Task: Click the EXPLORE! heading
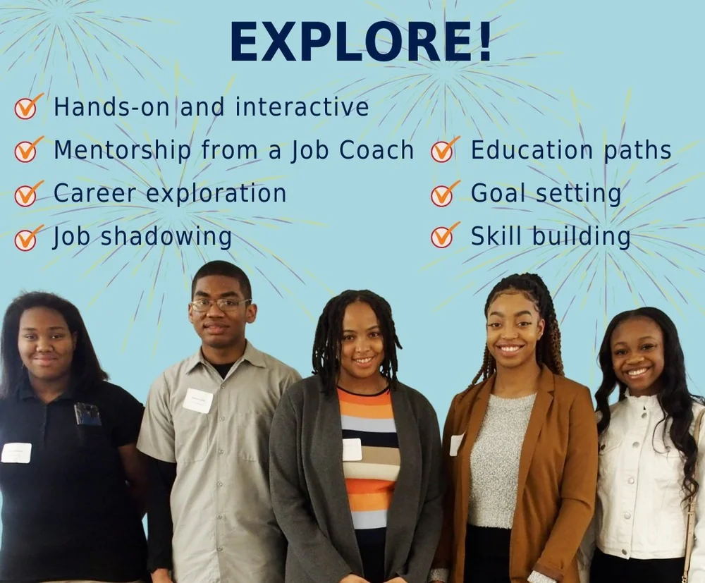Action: pos(360,42)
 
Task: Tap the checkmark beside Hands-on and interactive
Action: pos(27,107)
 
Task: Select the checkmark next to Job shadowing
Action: pos(27,238)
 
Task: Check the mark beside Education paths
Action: pos(444,150)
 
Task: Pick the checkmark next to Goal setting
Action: pos(444,194)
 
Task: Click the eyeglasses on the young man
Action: pos(221,305)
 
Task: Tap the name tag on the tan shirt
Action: pos(198,400)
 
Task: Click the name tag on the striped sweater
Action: pos(352,449)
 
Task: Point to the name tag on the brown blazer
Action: pos(456,444)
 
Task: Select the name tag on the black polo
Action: pos(16,453)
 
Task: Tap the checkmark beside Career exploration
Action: pos(27,194)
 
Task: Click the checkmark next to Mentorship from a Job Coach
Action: pos(27,150)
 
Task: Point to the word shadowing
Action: pos(166,237)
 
